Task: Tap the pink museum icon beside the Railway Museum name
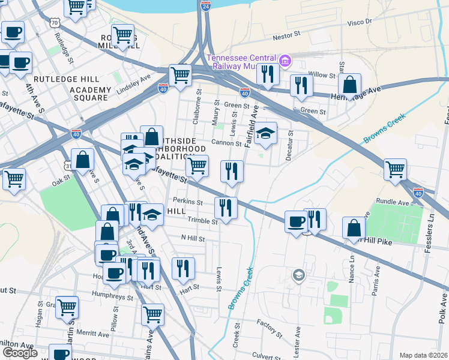point(285,60)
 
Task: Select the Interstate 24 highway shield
point(206,7)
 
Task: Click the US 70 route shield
point(55,23)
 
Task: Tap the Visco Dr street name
point(360,22)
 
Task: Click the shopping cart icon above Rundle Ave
point(396,169)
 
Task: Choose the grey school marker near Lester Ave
point(298,275)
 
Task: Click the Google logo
point(19,353)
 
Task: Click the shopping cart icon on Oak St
point(14,178)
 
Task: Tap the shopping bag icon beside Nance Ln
point(354,228)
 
